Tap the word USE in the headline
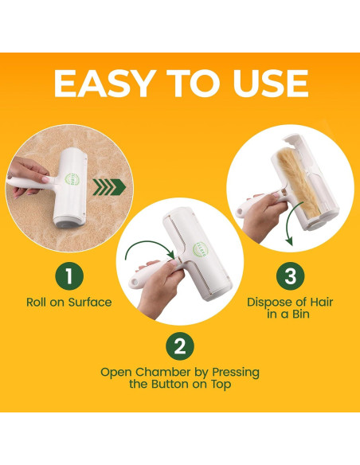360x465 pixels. [x=271, y=84]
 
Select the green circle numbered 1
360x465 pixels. [x=69, y=276]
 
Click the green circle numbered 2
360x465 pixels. [x=180, y=346]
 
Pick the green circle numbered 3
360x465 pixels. [x=291, y=275]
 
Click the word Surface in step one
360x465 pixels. [x=90, y=303]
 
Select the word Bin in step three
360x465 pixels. [x=301, y=314]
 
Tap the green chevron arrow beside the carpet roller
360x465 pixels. [x=109, y=187]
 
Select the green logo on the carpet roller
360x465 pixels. [x=72, y=179]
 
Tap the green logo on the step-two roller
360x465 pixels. [x=201, y=250]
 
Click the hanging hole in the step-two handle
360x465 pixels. [x=135, y=282]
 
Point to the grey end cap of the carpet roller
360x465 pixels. [x=69, y=222]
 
